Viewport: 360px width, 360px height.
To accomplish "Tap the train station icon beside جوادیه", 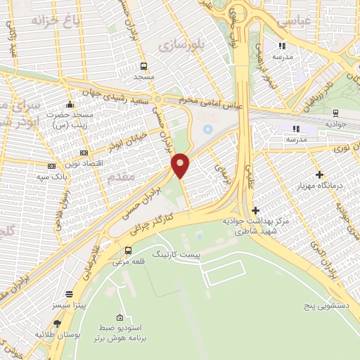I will (335, 112).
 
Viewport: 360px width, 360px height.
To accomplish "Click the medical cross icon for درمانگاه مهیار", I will (320, 174).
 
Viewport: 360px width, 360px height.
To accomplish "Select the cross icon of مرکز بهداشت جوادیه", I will (255, 210).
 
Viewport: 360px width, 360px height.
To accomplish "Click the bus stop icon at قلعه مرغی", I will (128, 250).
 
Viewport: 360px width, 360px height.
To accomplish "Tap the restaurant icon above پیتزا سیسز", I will (69, 295).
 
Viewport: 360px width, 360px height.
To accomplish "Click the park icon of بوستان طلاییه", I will (57, 323).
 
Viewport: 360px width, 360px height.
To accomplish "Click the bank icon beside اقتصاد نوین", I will (84, 153).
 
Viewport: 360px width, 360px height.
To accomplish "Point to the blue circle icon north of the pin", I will (207, 129).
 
